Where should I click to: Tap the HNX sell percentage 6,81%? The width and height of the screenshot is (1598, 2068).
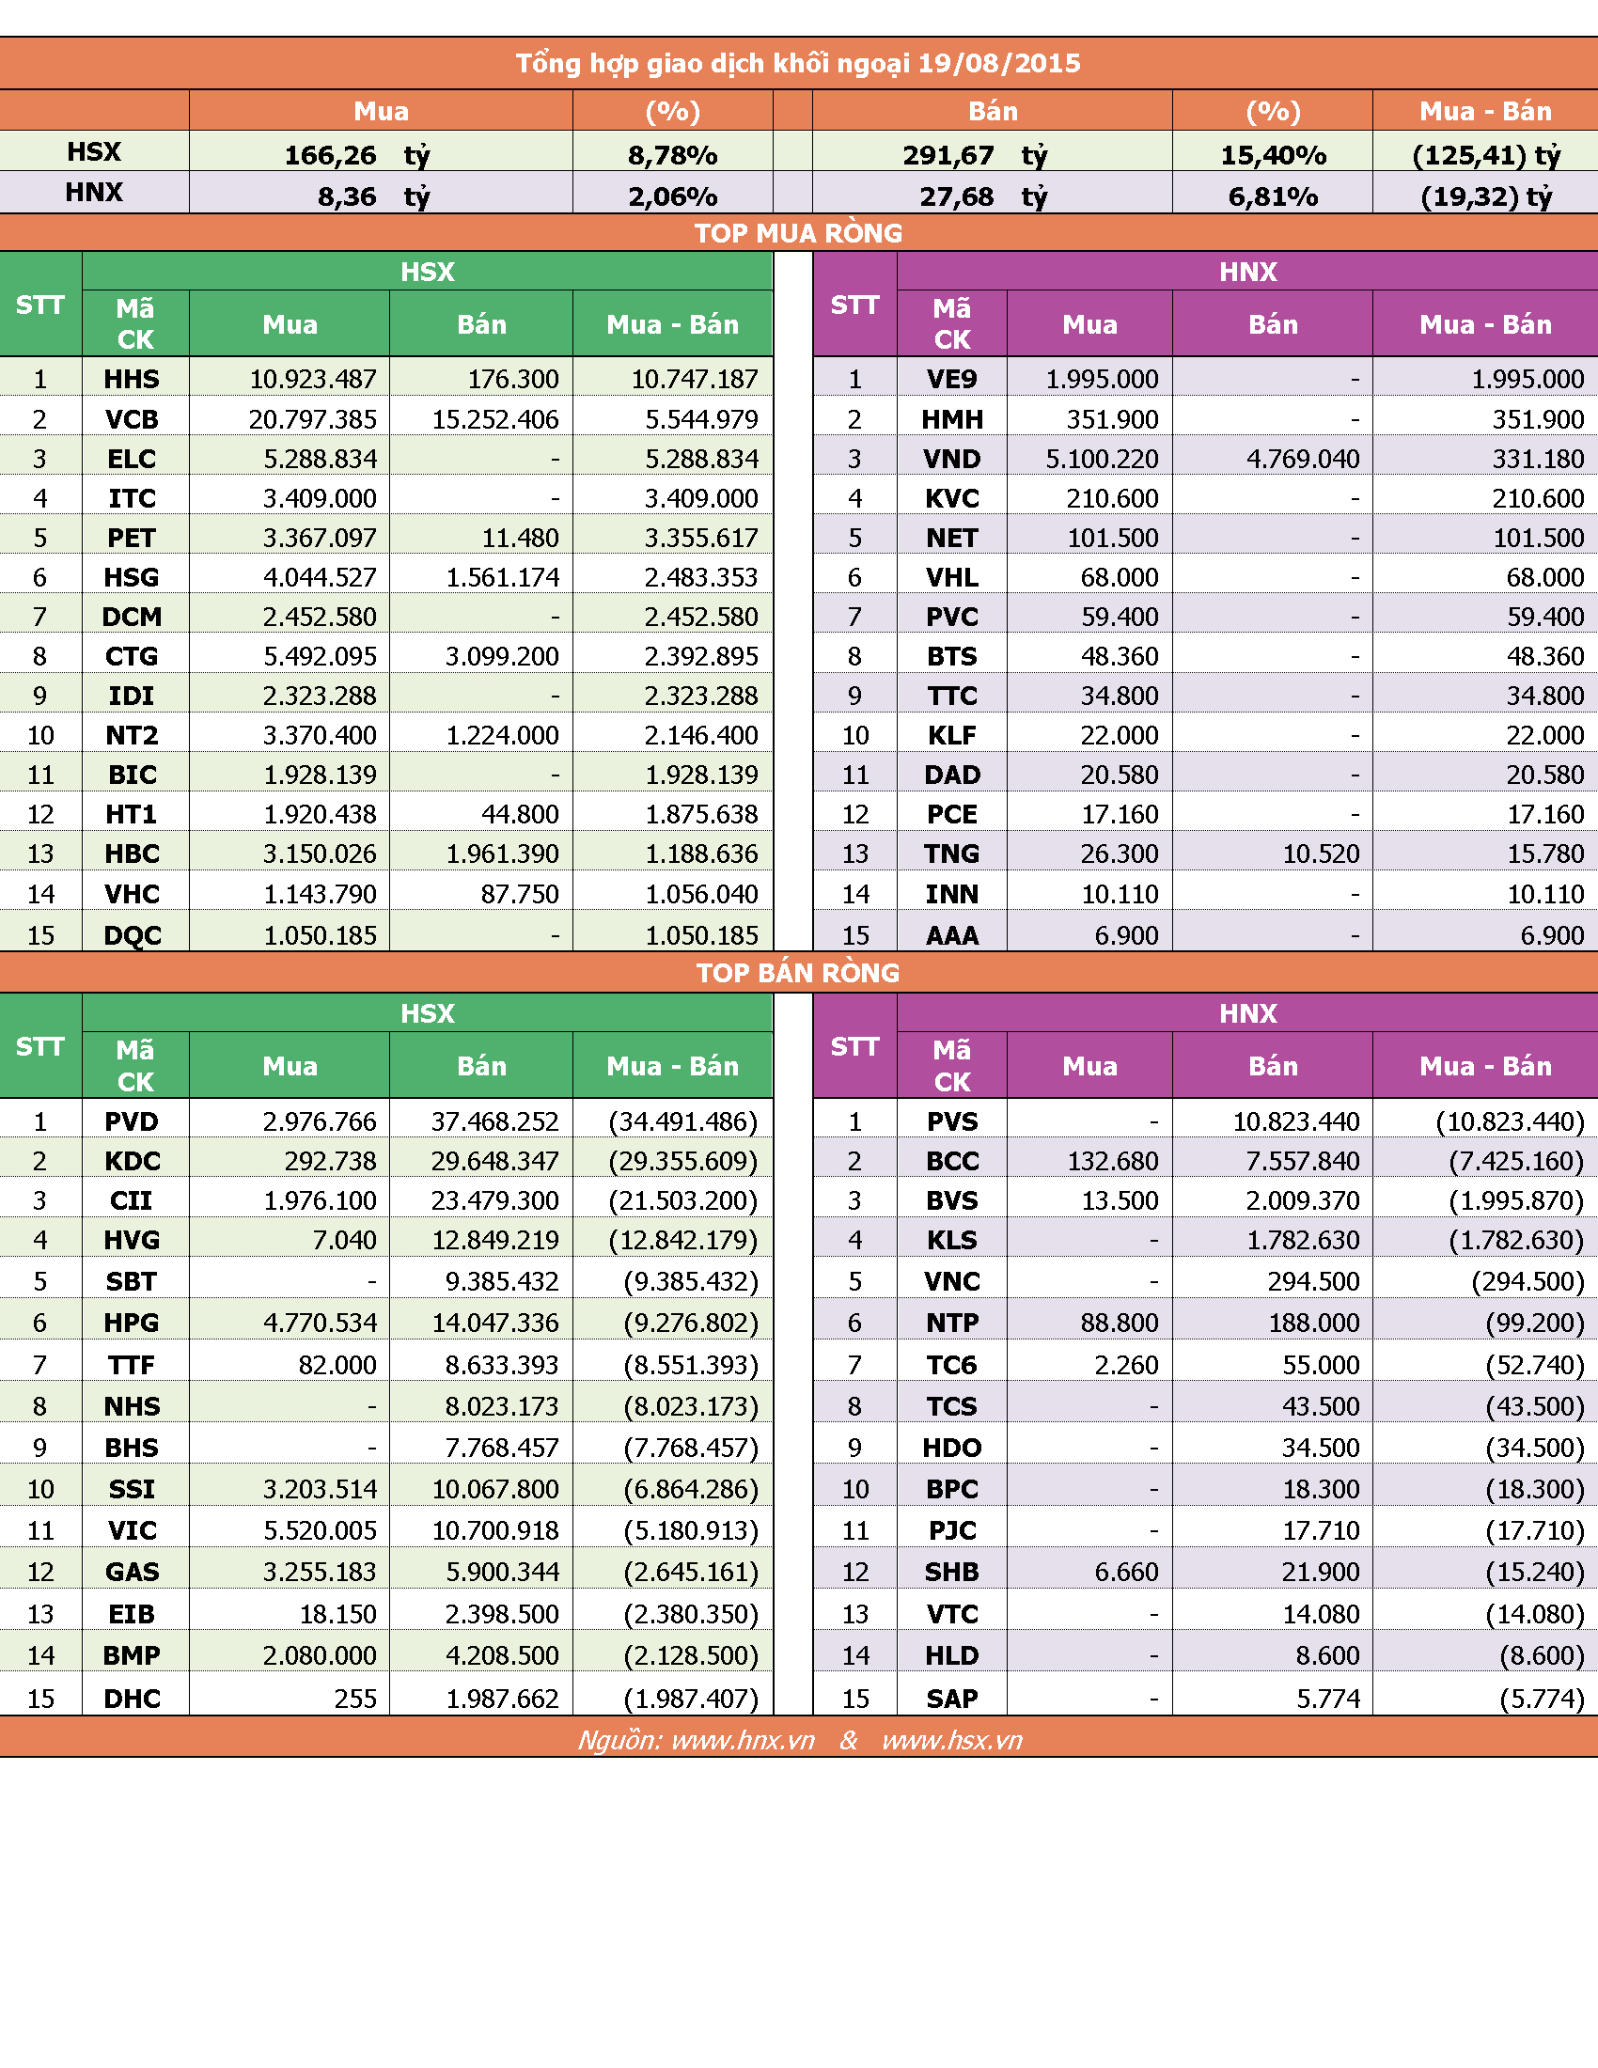pyautogui.click(x=1273, y=197)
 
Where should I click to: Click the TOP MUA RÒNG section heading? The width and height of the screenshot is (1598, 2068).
pyautogui.click(x=798, y=233)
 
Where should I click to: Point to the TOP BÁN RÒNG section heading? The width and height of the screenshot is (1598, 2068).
pyautogui.click(x=798, y=973)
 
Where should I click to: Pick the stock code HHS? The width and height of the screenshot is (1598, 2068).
pyautogui.click(x=132, y=379)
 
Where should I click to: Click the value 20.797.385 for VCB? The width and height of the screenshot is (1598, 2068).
pyautogui.click(x=312, y=418)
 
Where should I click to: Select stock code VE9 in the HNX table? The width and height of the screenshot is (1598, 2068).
pyautogui.click(x=951, y=379)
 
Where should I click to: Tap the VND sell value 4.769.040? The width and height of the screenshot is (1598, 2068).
pyautogui.click(x=1303, y=459)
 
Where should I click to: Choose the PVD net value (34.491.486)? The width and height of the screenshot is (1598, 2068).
pyautogui.click(x=683, y=1121)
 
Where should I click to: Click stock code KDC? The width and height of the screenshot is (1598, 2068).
pyautogui.click(x=133, y=1161)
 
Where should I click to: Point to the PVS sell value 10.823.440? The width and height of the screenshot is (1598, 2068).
pyautogui.click(x=1296, y=1121)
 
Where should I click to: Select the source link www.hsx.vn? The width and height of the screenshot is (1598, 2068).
pyautogui.click(x=952, y=1740)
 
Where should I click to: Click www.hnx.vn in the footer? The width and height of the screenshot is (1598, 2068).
pyautogui.click(x=744, y=1740)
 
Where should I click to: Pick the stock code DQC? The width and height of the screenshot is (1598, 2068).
pyautogui.click(x=133, y=935)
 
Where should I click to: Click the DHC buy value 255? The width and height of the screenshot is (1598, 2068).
pyautogui.click(x=355, y=1699)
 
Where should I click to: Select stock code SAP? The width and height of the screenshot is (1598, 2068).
pyautogui.click(x=952, y=1699)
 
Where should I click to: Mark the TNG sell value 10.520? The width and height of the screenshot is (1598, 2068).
pyautogui.click(x=1321, y=854)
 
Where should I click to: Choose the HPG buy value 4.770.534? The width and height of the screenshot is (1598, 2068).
pyautogui.click(x=320, y=1323)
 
